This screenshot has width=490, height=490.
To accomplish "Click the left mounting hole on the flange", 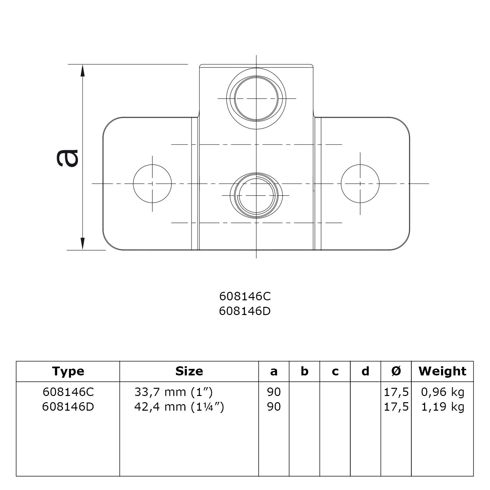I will click(152, 183).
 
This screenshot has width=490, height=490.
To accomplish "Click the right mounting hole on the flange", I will click(360, 183).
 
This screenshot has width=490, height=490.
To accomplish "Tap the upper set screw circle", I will click(257, 98).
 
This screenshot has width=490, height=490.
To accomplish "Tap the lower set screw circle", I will click(256, 195).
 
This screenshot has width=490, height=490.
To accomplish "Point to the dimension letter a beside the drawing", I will click(68, 158).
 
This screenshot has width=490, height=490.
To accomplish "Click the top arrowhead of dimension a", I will click(83, 70).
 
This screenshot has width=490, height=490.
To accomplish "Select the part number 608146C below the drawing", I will click(245, 296).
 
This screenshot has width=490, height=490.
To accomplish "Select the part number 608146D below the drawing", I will click(245, 311).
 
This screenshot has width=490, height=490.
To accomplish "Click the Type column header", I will click(68, 371).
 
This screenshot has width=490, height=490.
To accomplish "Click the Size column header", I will click(189, 371).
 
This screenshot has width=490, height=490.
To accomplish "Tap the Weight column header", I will click(442, 371).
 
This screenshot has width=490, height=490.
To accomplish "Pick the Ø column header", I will click(396, 371).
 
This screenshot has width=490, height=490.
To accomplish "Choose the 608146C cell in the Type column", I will click(68, 392).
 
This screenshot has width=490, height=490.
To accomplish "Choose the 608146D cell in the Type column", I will click(68, 407).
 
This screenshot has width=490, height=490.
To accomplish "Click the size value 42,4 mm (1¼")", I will click(179, 407).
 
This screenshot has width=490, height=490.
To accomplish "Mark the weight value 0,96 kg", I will click(443, 392).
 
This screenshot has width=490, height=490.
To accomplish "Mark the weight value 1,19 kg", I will click(443, 407).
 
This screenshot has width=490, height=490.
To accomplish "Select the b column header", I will click(304, 371).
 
